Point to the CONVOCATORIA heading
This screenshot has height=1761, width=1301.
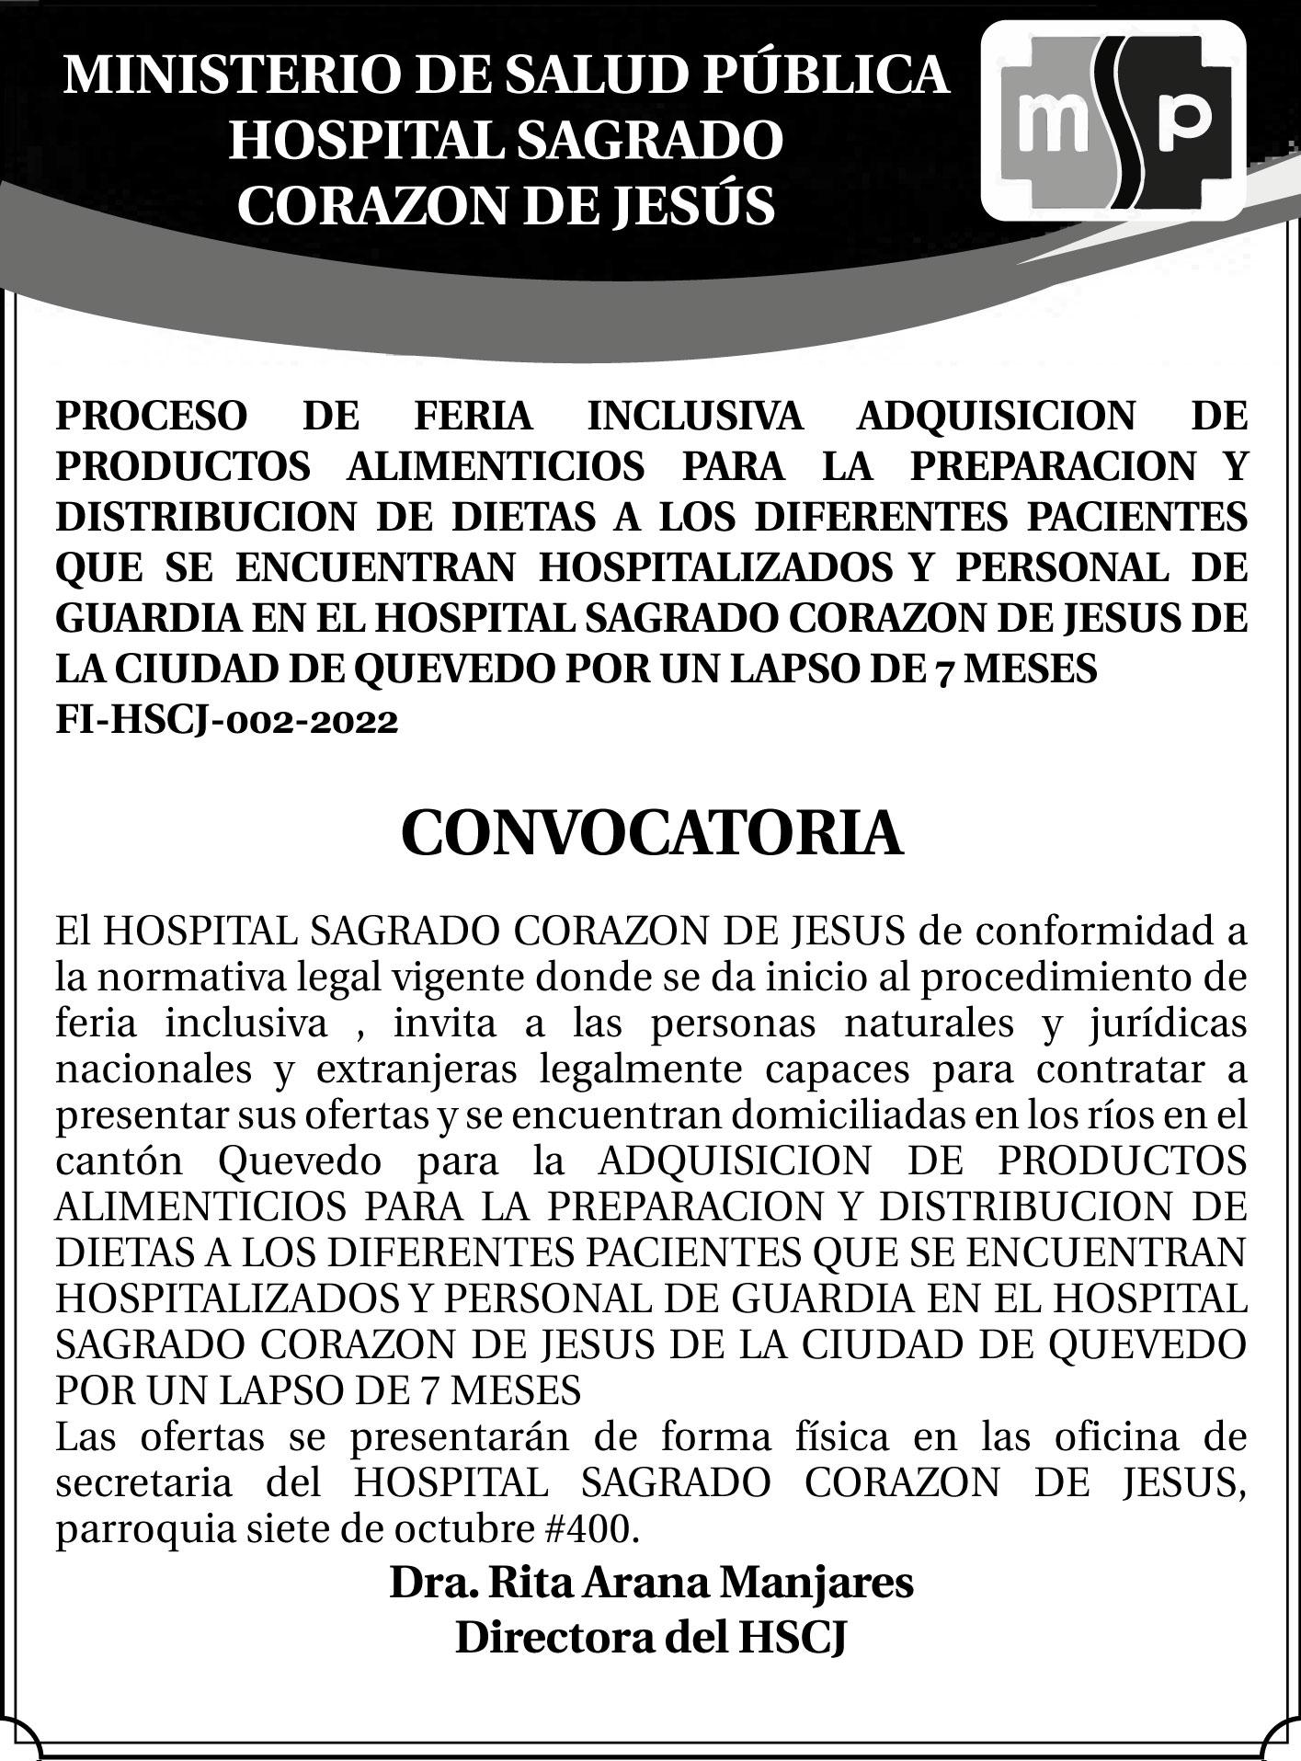point(651,833)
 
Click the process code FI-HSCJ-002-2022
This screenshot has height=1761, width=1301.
point(227,720)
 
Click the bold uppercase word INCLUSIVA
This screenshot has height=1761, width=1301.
point(695,416)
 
